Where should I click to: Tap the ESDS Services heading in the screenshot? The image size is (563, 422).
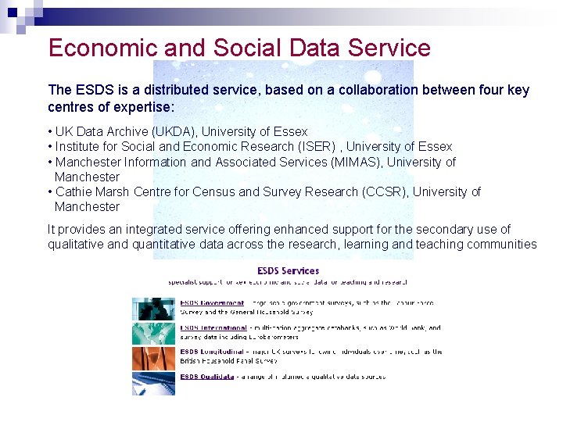point(289,271)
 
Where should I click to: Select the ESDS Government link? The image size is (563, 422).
point(212,302)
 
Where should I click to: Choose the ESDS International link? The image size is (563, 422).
point(213,328)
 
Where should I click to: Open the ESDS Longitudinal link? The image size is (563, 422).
point(213,352)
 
